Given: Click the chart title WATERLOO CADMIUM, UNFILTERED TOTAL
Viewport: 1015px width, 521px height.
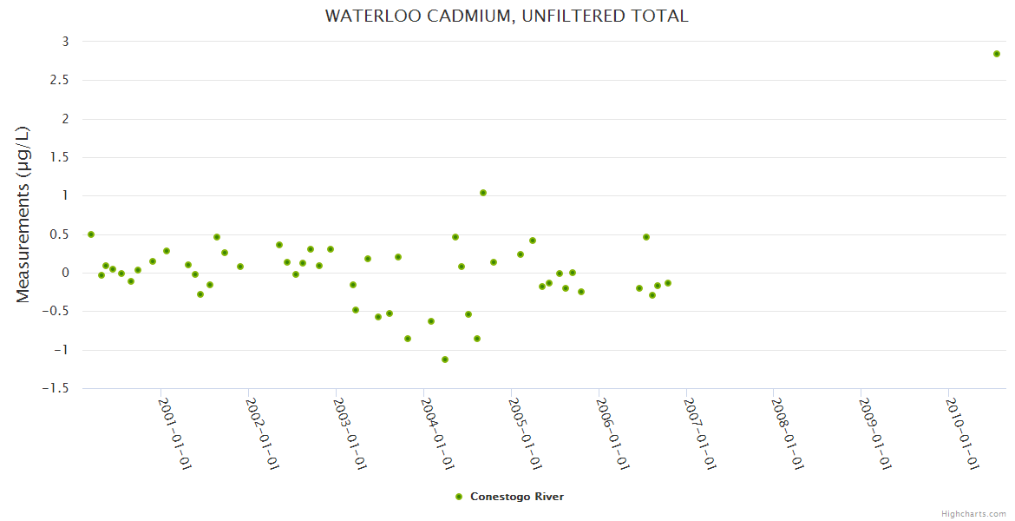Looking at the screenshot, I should click(507, 16).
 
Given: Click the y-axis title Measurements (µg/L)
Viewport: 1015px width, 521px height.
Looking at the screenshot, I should click(23, 214).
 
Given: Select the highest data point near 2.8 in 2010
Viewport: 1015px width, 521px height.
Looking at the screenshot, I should click(997, 54).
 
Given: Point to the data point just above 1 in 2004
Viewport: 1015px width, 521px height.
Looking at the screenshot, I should click(483, 193).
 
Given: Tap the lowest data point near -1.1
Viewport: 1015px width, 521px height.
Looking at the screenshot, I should click(445, 359).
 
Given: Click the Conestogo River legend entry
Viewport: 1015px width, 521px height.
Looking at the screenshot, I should click(517, 497).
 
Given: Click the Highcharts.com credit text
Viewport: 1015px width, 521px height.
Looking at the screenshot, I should click(973, 513).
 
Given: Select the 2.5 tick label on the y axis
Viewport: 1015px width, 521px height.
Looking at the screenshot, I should click(59, 80).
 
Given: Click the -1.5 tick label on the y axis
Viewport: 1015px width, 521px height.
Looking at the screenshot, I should click(55, 388).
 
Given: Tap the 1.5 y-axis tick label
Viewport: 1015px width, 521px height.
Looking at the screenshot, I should click(59, 157).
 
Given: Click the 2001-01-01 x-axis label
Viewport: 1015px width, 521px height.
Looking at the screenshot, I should click(174, 433).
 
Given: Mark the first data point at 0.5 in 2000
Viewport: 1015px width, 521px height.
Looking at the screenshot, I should click(91, 234).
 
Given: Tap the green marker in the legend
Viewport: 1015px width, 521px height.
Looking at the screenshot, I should click(459, 497).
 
